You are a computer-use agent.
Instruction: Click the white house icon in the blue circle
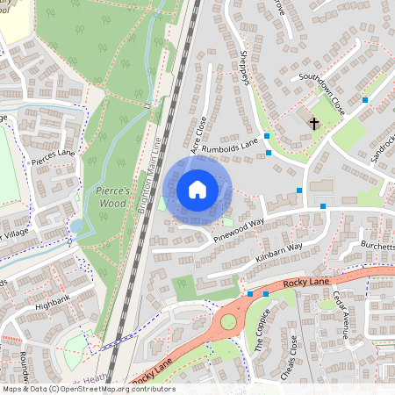(x=197, y=190)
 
